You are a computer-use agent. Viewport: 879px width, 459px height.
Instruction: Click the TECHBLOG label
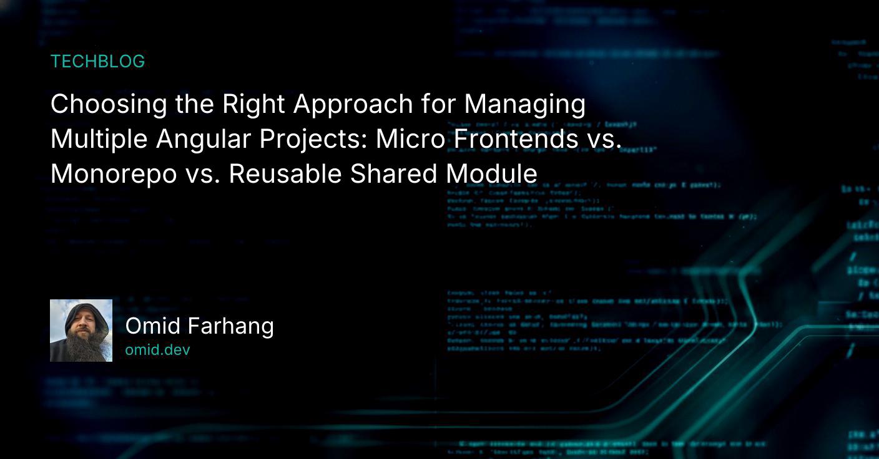click(x=97, y=61)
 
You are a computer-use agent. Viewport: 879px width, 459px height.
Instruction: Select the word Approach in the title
click(x=353, y=104)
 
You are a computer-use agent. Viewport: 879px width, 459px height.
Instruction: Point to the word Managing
click(x=524, y=104)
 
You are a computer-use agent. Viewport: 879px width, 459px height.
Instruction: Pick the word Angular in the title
click(x=204, y=139)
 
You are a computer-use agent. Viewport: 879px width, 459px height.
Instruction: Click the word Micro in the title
click(x=411, y=139)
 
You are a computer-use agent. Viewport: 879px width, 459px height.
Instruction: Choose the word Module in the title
click(x=491, y=174)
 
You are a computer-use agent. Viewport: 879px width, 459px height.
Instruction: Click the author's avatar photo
click(x=81, y=331)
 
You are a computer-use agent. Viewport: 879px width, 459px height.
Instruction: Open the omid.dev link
click(x=157, y=350)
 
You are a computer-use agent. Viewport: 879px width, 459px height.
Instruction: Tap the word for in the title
click(x=438, y=104)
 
